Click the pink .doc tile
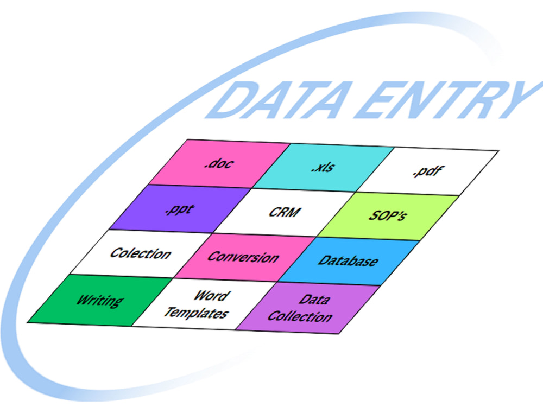pyautogui.click(x=219, y=164)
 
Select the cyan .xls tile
pyautogui.click(x=324, y=168)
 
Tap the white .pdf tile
pyautogui.click(x=427, y=171)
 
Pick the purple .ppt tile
pyautogui.click(x=180, y=209)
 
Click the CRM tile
pyautogui.click(x=284, y=213)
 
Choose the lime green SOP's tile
pyautogui.click(x=388, y=217)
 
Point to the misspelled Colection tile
pyautogui.click(x=141, y=253)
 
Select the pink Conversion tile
pyautogui.click(x=244, y=257)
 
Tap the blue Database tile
pyautogui.click(x=349, y=262)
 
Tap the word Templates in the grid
pyautogui.click(x=196, y=313)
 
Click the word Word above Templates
pyautogui.click(x=211, y=296)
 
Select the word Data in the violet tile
pyautogui.click(x=314, y=299)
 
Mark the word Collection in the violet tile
pyautogui.click(x=300, y=316)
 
